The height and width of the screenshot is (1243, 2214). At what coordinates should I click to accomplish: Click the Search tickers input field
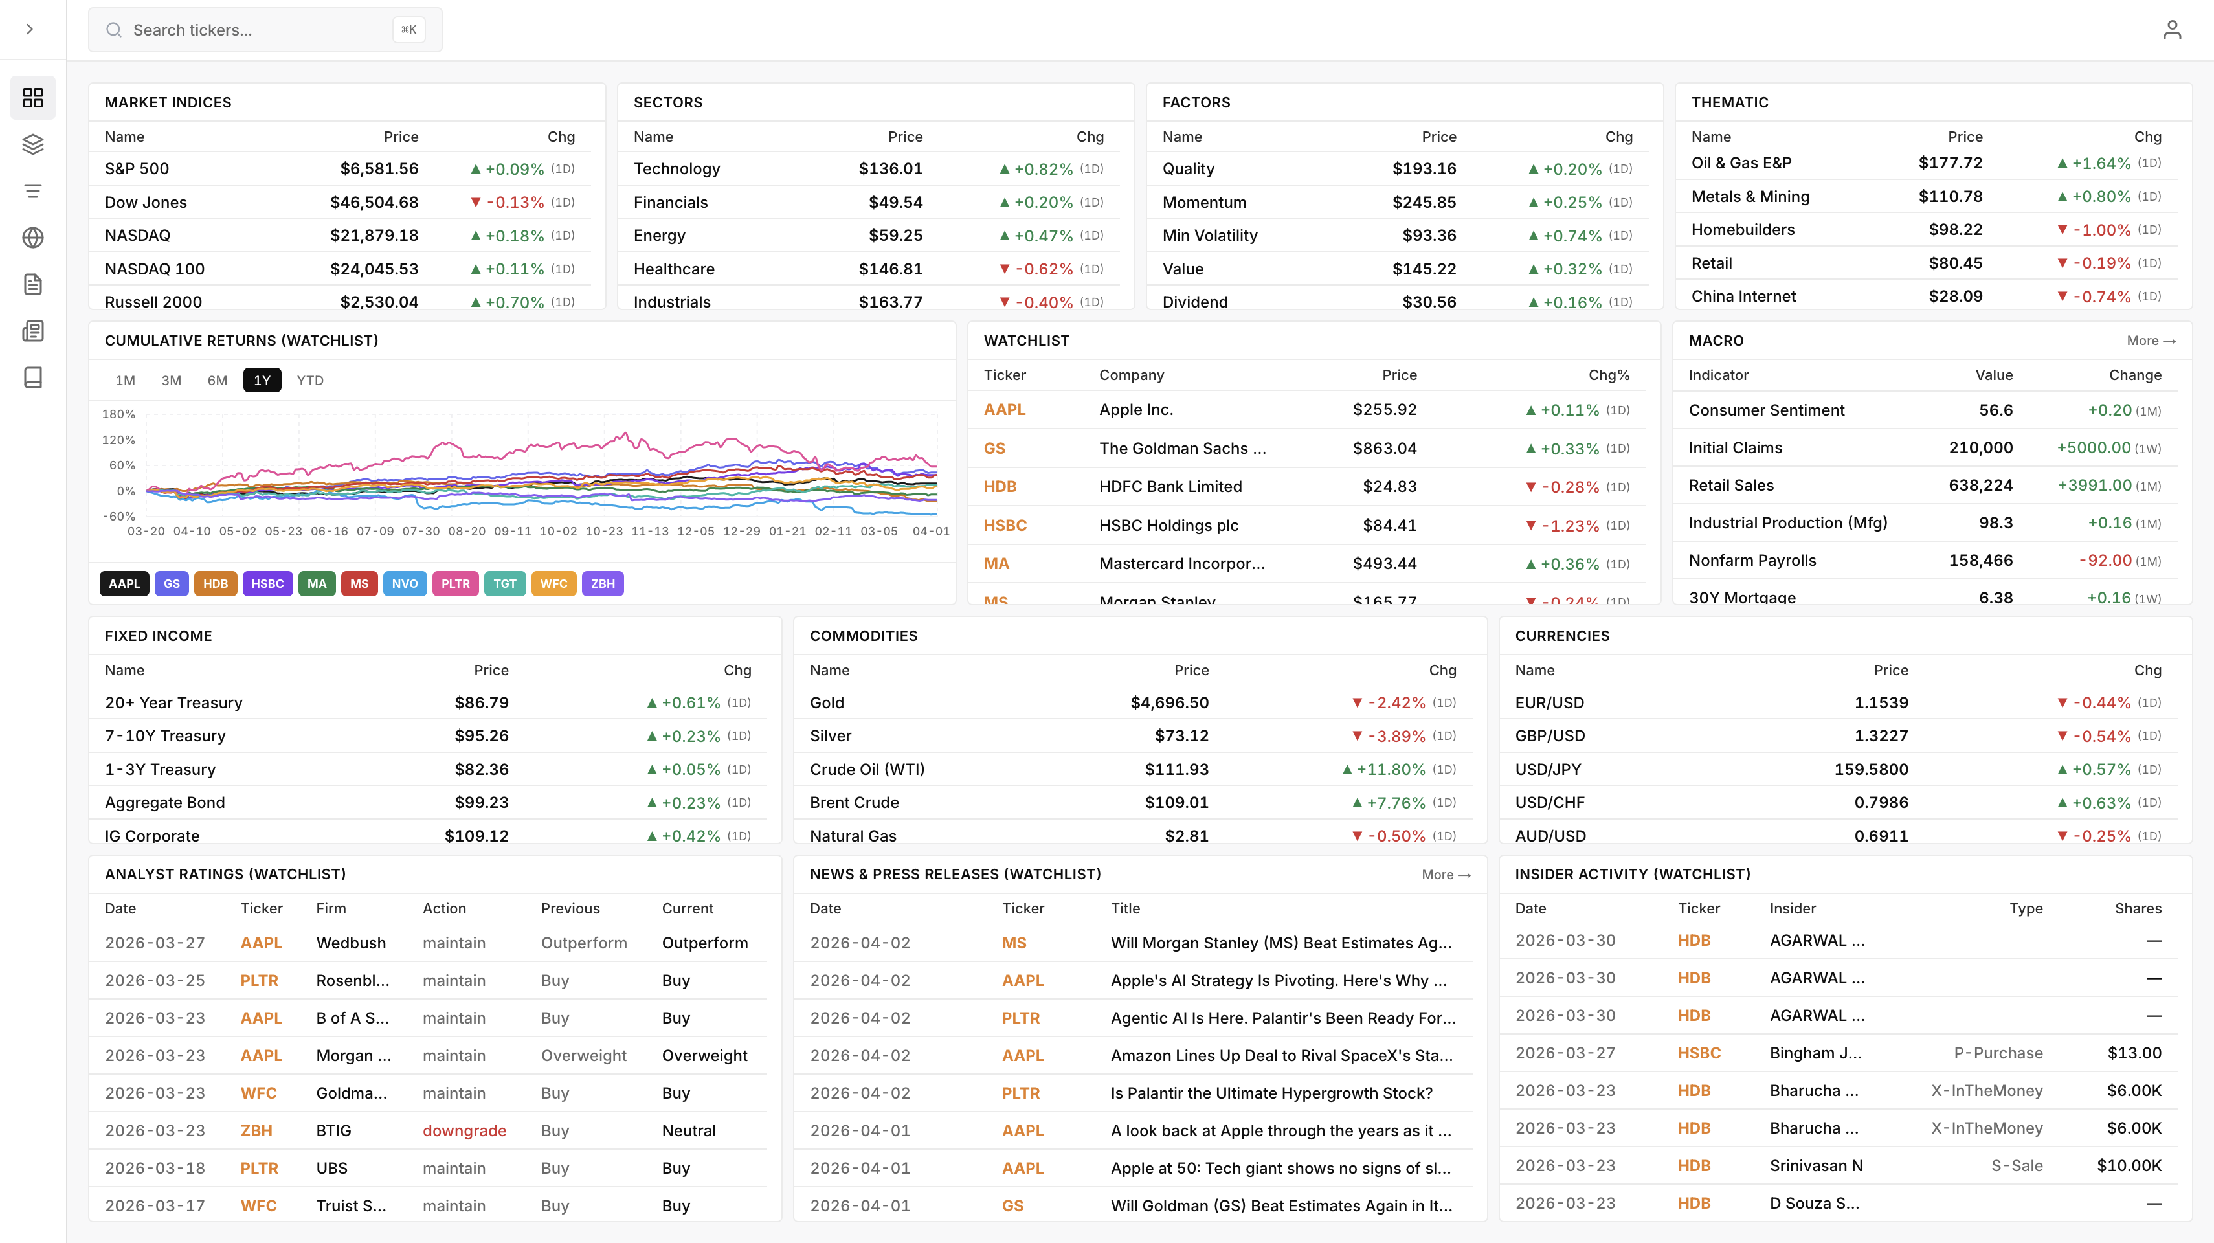[258, 30]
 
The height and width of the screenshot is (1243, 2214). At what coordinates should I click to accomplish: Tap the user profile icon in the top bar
[2172, 30]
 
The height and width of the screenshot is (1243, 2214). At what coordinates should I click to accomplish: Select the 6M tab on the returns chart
[218, 380]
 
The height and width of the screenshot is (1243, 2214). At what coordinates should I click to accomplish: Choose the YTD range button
[309, 380]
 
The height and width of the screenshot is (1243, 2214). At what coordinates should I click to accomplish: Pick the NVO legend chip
[405, 584]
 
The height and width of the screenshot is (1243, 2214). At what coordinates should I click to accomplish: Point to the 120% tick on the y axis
[118, 440]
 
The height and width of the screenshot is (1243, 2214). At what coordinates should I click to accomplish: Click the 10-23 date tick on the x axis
[603, 532]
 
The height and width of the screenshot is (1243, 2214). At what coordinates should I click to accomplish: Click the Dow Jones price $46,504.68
[374, 202]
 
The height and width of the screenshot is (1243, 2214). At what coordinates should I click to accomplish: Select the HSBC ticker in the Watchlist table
[1005, 525]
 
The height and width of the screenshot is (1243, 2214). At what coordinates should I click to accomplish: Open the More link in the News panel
[1446, 874]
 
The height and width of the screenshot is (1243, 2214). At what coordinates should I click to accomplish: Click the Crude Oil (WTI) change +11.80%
[1390, 769]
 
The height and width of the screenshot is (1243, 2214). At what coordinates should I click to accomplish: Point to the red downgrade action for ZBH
[464, 1130]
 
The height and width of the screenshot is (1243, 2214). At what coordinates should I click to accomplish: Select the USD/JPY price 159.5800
[1870, 769]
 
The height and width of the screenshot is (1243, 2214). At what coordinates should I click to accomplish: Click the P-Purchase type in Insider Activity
[1997, 1053]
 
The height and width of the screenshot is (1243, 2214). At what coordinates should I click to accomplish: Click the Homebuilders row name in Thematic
[1742, 230]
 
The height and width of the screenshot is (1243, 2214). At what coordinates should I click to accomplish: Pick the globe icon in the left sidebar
[32, 237]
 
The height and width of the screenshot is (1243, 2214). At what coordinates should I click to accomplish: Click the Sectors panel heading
[668, 102]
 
